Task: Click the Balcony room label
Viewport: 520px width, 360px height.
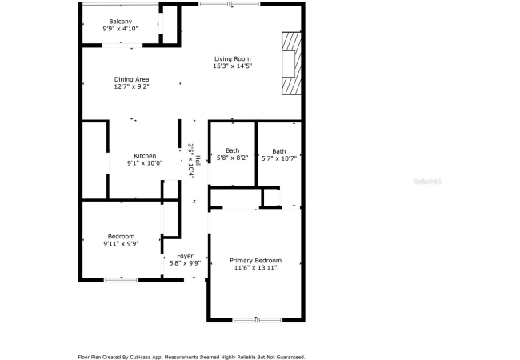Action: (120, 22)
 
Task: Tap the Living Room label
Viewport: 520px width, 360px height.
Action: (233, 59)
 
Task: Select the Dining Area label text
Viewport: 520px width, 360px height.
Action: (132, 79)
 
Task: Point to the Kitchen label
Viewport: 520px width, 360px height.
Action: (145, 156)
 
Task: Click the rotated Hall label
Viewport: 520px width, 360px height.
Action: (198, 161)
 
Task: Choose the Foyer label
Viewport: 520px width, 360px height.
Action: (185, 256)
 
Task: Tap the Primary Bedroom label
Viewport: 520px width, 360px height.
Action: (256, 261)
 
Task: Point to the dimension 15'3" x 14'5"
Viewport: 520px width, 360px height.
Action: (233, 66)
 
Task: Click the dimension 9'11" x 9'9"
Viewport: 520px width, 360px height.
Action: (121, 244)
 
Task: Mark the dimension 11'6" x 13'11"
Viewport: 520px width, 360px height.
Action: (256, 267)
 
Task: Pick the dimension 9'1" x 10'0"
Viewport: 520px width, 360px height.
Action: (145, 163)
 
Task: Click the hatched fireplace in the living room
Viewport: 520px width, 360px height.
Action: (292, 63)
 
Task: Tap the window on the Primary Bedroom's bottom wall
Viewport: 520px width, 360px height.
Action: (258, 320)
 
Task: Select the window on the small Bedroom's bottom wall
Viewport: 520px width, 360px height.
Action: (121, 280)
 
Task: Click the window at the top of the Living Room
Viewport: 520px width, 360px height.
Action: (230, 4)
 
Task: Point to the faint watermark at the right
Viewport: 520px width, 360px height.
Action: (428, 182)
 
